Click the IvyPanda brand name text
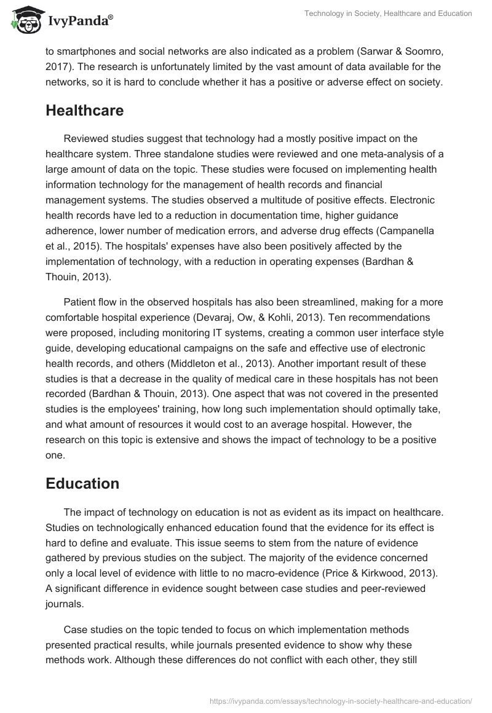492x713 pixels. (79, 20)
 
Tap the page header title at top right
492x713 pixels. (388, 14)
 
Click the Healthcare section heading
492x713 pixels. (84, 110)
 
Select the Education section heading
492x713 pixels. (82, 483)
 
